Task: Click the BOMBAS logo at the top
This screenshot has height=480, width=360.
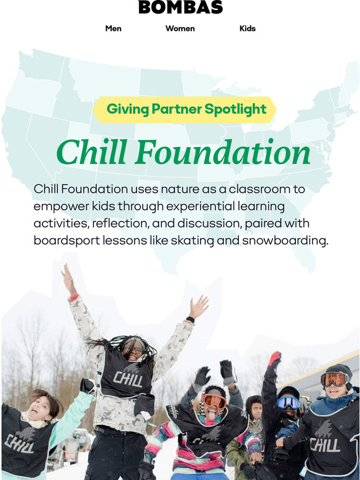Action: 180,7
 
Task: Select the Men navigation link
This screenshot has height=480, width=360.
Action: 114,29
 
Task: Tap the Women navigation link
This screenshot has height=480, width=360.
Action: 180,29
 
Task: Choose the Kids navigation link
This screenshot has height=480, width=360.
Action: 248,29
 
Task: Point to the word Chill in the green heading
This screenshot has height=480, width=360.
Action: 94,153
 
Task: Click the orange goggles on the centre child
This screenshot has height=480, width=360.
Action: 214,401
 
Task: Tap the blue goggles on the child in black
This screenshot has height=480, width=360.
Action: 288,402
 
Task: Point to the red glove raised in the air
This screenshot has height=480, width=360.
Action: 274,358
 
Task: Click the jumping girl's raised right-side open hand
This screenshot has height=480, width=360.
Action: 199,308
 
